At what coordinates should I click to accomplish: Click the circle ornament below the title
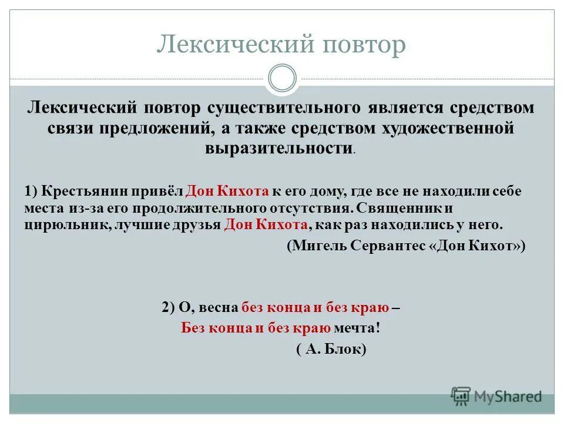(x=282, y=79)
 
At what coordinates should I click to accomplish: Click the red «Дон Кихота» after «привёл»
(x=227, y=191)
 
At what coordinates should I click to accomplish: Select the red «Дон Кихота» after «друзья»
(x=266, y=224)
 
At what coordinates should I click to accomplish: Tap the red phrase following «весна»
(x=315, y=308)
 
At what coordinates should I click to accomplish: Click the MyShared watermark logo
(x=496, y=395)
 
